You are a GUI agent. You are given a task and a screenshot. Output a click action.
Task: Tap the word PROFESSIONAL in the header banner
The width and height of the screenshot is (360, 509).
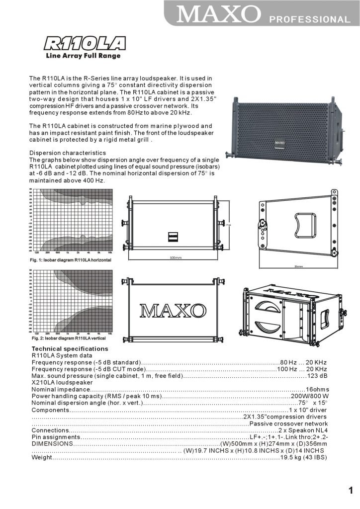click(309, 20)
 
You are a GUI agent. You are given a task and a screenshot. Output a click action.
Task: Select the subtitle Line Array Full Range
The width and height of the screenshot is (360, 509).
click(83, 56)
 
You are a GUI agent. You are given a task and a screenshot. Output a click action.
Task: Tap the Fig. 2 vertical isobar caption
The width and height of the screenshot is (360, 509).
click(69, 338)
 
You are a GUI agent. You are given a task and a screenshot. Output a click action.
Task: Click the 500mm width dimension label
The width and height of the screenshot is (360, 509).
click(176, 257)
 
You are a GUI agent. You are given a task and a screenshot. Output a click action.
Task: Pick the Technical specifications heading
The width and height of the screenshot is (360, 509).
click(70, 349)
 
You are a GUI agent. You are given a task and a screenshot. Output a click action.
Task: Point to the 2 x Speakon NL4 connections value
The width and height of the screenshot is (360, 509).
click(303, 430)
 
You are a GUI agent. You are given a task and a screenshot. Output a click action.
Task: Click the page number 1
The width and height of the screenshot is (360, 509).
click(351, 491)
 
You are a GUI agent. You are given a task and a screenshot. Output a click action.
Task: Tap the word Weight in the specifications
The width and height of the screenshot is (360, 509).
click(42, 457)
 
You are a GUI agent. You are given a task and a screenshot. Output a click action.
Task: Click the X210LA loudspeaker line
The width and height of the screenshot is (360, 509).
click(62, 383)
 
